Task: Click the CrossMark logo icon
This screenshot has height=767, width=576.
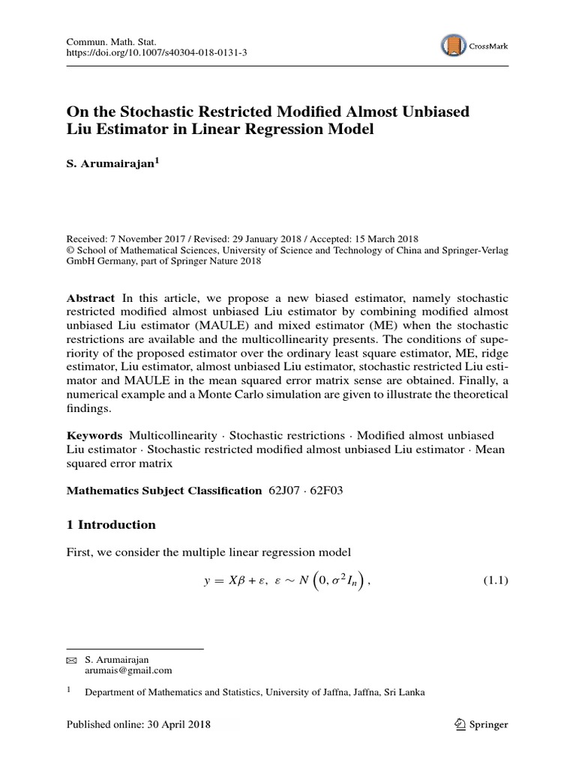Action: (453, 46)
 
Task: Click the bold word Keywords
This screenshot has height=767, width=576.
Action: (94, 435)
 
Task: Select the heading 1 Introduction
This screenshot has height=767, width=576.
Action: (111, 524)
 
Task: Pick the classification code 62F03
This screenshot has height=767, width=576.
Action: (328, 491)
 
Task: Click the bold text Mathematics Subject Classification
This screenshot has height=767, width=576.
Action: (164, 491)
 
